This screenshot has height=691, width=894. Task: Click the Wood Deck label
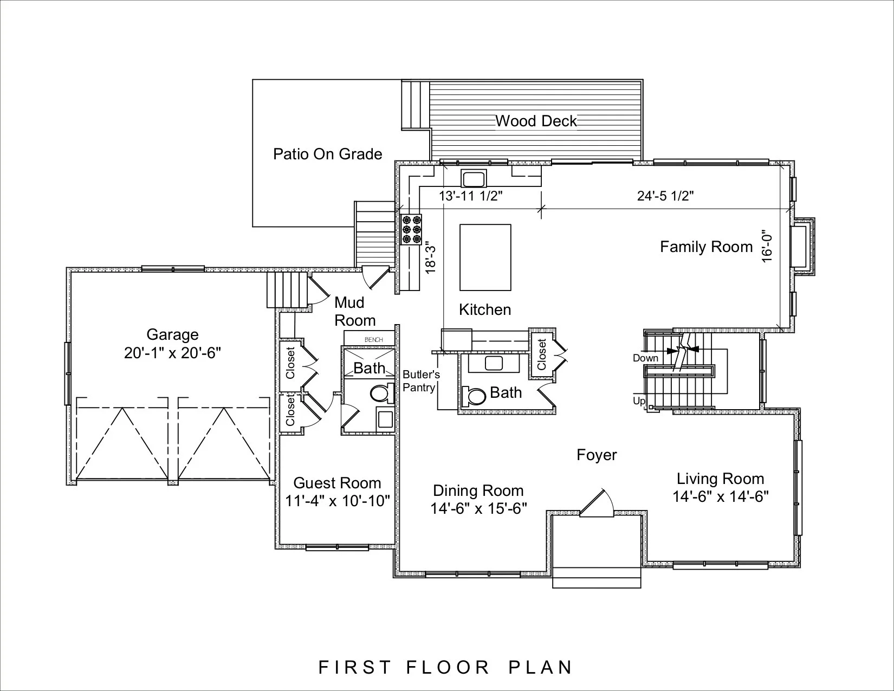pos(536,121)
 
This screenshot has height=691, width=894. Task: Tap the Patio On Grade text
pos(328,154)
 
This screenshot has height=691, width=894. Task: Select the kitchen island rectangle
pos(485,257)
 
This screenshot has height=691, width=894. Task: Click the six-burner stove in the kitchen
pos(411,229)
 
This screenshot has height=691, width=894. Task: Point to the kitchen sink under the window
pos(474,179)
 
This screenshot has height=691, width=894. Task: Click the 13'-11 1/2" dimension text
pos(471,196)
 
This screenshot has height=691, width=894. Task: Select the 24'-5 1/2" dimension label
pos(665,196)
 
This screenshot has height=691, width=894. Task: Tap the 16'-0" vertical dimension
pos(767,246)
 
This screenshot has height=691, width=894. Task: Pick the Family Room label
pos(707,247)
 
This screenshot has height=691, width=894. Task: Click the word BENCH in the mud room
pos(373,339)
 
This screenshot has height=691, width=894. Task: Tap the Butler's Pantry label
pos(420,380)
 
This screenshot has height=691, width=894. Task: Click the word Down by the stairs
pos(645,358)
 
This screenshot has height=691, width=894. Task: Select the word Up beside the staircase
pos(639,401)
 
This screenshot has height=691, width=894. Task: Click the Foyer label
pos(597,455)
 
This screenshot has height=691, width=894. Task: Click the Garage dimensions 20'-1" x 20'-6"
pos(173,353)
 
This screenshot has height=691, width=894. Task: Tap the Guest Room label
pos(338,483)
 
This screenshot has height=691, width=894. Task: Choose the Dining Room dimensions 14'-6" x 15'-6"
pos(478,509)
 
